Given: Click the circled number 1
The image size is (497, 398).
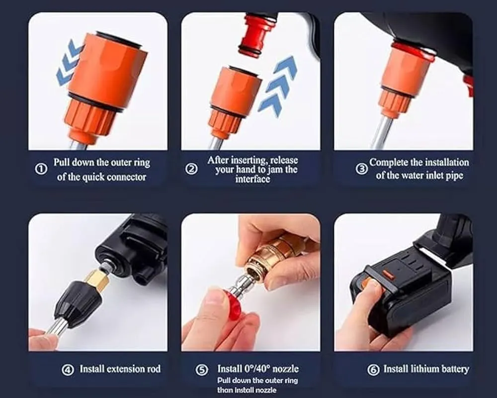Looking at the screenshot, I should tap(41, 169).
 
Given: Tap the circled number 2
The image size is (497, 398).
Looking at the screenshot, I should tap(191, 169).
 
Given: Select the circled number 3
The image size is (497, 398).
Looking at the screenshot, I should tap(361, 169).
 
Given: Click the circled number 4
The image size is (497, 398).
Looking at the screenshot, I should tap(68, 370).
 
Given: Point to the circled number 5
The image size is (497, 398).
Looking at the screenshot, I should tap(201, 370).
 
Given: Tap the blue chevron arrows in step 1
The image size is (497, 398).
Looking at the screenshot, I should tap(69, 62).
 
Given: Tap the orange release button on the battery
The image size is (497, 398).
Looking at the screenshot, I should tap(389, 275).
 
